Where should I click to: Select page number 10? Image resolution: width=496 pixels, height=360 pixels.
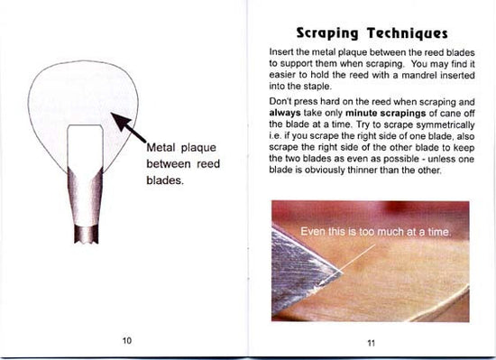[126, 339]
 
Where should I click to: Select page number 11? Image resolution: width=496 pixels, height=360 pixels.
[371, 342]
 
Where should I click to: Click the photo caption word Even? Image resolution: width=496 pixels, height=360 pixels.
[316, 232]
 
